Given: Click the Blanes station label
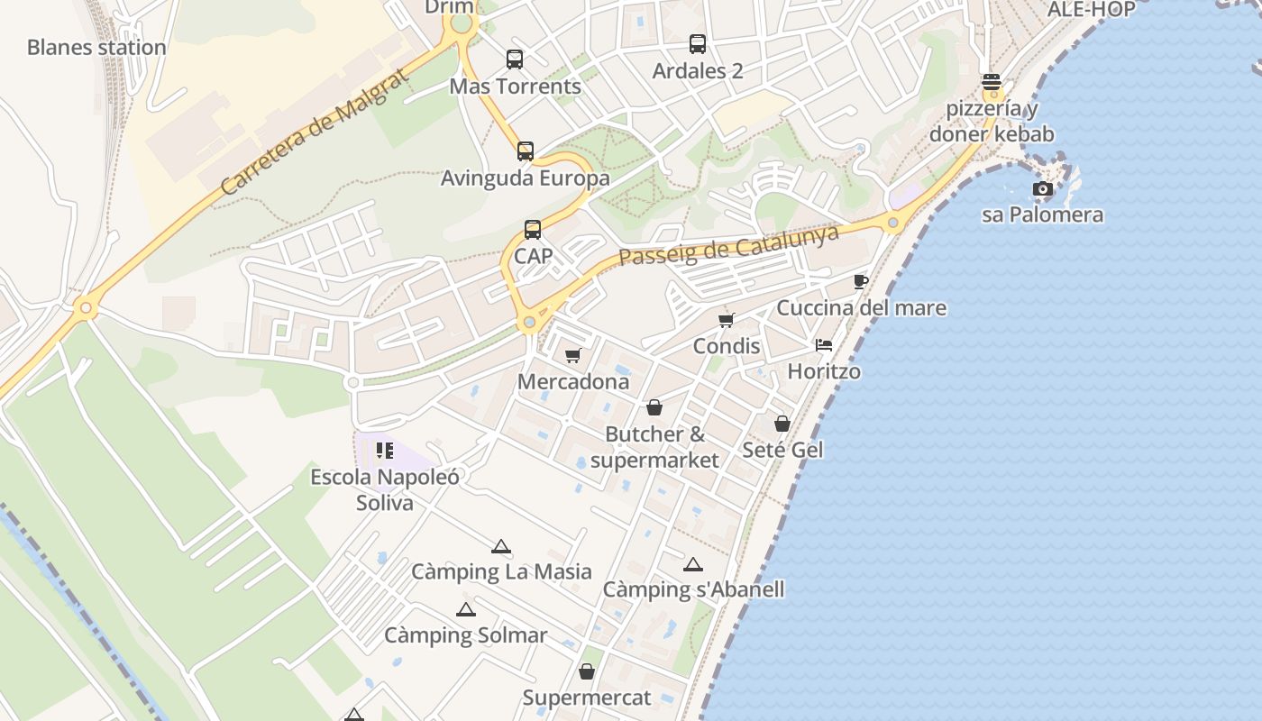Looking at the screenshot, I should coord(96,47).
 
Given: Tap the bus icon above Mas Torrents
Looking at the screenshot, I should coord(515,59).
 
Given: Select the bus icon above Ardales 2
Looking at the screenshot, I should coord(698,43).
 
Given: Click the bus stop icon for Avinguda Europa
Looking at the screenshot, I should coord(526,151).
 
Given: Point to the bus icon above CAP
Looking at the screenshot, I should coord(533,230).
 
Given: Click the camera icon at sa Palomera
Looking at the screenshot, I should coord(1043,188).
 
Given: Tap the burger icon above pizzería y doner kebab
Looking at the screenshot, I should coord(992,82).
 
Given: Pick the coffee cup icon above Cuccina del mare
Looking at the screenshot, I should coord(860,281).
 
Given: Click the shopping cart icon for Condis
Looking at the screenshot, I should coord(727,320).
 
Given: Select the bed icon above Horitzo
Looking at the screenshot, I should coord(824,344).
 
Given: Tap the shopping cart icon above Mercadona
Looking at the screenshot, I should coord(573,355).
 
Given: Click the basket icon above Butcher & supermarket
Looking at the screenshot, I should coord(654,407).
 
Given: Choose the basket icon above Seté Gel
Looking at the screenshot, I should coord(782,423).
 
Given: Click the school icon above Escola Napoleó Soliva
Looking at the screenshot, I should coord(385,450).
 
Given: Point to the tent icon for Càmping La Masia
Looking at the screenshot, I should coord(501,546).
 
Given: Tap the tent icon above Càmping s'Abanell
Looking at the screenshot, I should coord(692,564).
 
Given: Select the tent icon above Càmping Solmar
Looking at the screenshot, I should coord(465,609).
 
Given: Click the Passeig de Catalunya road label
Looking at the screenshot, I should coord(728,245).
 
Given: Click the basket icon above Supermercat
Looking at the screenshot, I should coord(587,671).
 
